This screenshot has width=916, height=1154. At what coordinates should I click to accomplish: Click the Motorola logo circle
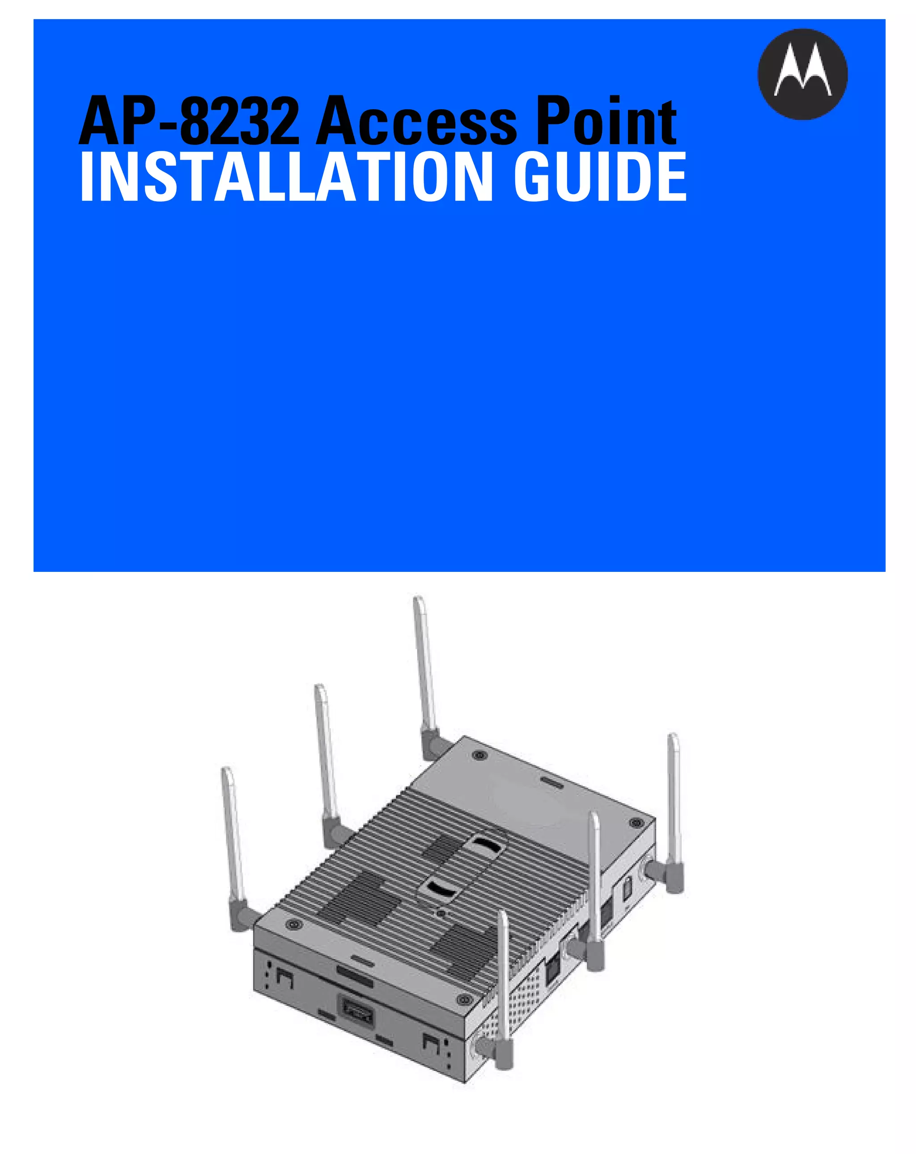802,74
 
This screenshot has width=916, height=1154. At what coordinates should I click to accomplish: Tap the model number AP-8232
189,122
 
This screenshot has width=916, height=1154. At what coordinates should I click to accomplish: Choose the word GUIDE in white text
600,177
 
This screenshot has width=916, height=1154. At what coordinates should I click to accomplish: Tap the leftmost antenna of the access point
233,840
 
